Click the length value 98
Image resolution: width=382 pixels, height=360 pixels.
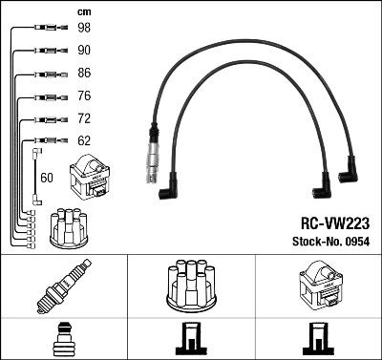[85, 28]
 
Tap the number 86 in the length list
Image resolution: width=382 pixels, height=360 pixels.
[85, 73]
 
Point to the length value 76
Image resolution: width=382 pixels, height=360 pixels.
[85, 96]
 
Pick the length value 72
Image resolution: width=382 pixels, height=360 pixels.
[85, 119]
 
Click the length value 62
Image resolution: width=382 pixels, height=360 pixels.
[85, 142]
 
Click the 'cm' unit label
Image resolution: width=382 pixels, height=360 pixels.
[83, 11]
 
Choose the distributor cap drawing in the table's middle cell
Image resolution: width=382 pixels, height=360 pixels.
[190, 286]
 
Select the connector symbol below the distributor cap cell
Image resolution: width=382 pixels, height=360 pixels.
[190, 340]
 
